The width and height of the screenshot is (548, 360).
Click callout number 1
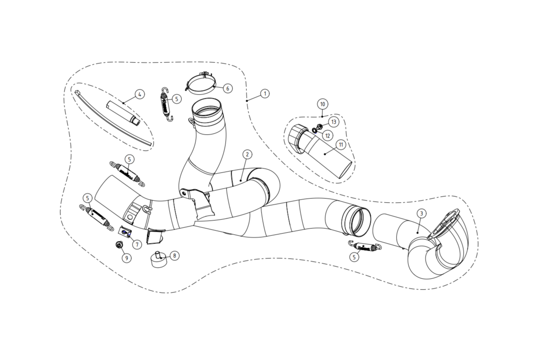pos(265,94)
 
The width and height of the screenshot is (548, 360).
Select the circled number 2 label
pos(247,154)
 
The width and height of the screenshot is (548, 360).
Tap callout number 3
pos(421,214)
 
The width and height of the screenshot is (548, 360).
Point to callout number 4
pos(140,94)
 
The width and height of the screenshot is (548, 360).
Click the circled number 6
pos(227,88)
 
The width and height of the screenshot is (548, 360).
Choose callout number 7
pos(137,244)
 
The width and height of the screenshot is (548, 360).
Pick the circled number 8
pos(174,256)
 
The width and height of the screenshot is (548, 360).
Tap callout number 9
pos(127,258)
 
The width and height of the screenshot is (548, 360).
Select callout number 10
pos(322,104)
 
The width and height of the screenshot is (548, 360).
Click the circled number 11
pos(341,145)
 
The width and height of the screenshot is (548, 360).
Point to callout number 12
pos(328,135)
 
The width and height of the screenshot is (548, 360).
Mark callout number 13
pos(334,122)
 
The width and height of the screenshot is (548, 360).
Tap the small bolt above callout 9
pos(119,244)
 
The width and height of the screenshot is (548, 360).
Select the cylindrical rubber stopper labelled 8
pos(158,260)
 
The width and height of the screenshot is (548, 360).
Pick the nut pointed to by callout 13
pos(319,127)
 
